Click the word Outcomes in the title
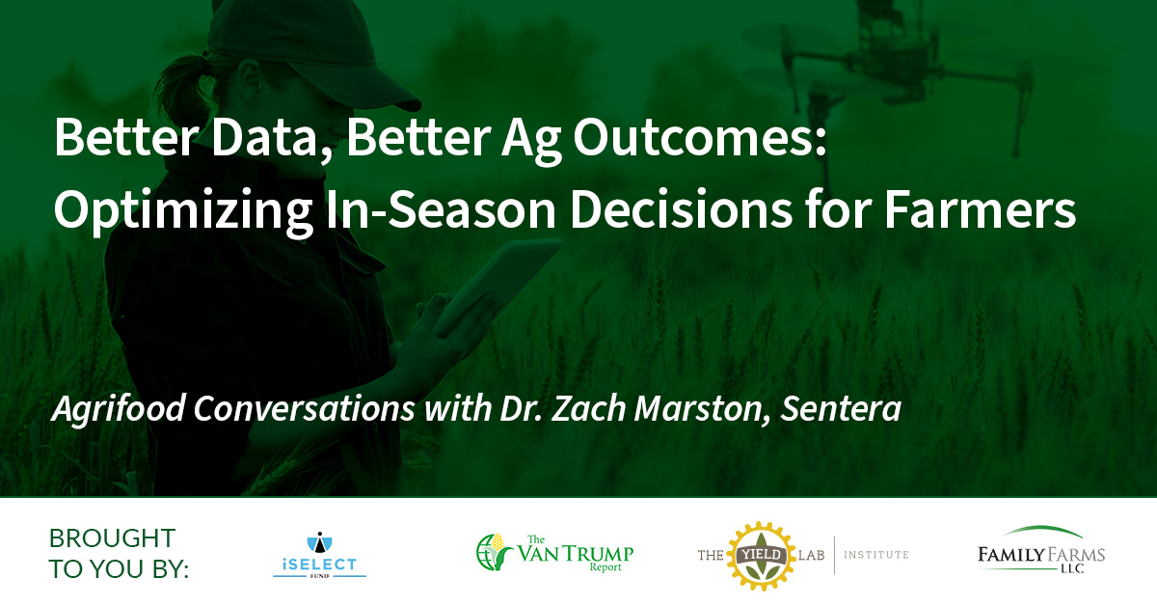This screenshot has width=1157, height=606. coord(700,138)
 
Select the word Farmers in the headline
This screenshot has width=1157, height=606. coord(981,209)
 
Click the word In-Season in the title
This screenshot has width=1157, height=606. coord(441,209)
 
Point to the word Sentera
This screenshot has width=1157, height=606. coord(841,408)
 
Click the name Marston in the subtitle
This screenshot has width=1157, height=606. coord(698,409)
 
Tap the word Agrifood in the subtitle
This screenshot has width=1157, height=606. coord(119,409)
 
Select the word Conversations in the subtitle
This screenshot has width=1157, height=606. coord(304,408)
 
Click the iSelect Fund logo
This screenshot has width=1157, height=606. coord(320,555)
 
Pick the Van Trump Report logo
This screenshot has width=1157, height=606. coord(554,553)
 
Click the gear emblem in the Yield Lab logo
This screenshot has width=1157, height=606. coord(761,556)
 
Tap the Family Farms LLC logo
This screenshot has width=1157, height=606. coord(1041,550)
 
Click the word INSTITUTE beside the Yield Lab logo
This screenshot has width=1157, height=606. coord(876,555)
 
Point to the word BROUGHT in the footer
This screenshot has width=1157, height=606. coord(112,538)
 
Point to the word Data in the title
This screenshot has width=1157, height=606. coord(263,138)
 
